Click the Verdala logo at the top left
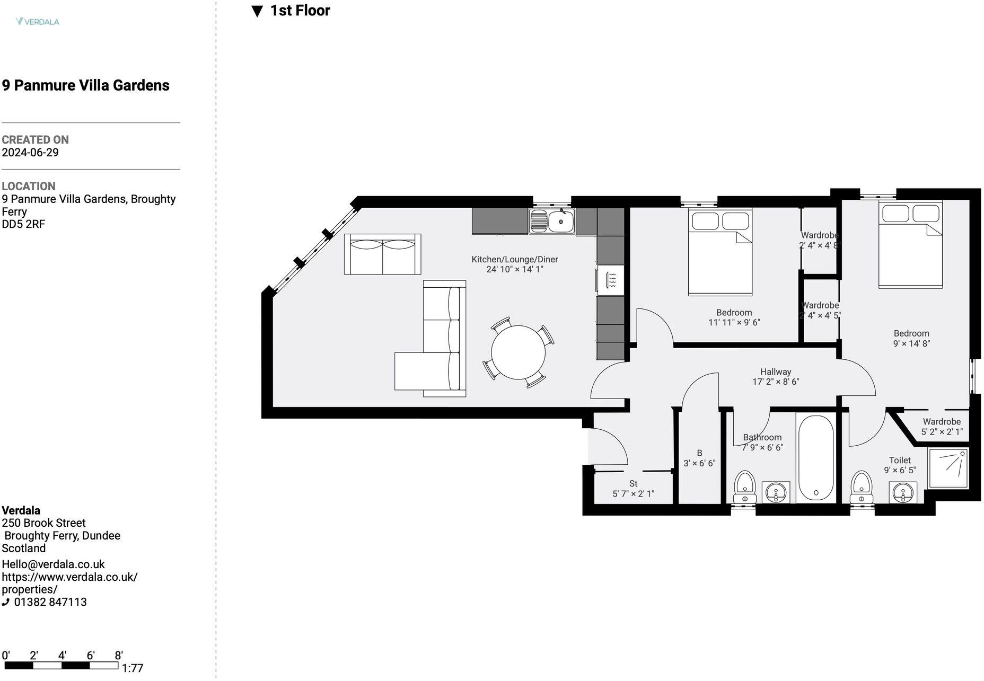[x=38, y=22]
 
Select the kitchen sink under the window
[x=551, y=221]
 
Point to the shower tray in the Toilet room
[x=948, y=468]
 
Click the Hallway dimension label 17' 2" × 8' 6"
[x=775, y=382]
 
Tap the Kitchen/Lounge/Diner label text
[x=514, y=259]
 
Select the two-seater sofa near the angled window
[x=382, y=254]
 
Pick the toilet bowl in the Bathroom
[x=745, y=485]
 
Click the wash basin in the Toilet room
[x=902, y=492]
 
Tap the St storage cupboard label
[x=633, y=483]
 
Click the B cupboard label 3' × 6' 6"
[x=699, y=463]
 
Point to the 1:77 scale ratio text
[x=133, y=668]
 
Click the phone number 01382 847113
[x=50, y=602]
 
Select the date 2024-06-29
[x=30, y=153]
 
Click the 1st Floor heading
[x=300, y=11]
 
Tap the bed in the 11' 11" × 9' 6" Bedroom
[x=720, y=254]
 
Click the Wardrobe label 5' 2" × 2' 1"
[x=942, y=432]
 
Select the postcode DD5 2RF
[x=23, y=224]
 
